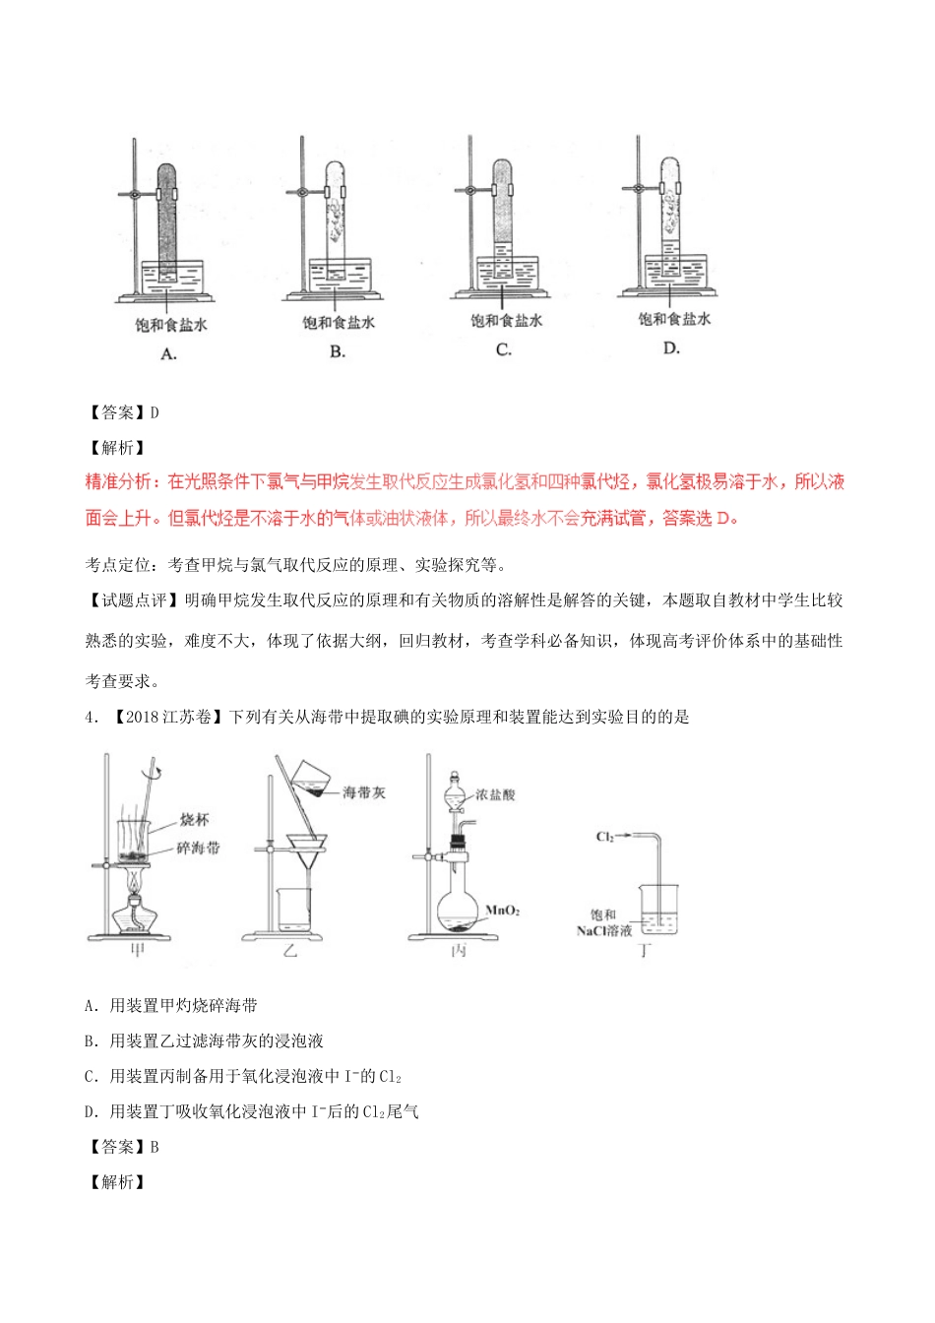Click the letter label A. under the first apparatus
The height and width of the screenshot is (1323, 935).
point(168,353)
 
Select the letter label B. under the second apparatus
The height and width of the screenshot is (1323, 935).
point(337,351)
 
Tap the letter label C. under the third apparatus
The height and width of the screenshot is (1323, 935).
point(504,349)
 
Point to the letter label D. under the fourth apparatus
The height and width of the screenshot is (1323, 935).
point(671,347)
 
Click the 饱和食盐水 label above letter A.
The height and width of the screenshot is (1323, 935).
point(171,324)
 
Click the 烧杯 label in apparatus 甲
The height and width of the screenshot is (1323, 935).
point(194,819)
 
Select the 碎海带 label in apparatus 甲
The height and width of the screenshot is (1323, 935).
point(198,847)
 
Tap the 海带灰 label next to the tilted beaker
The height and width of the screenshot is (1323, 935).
point(364,792)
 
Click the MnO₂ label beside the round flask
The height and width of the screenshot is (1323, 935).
point(502,911)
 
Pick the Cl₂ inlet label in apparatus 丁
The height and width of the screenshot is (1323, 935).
point(605,837)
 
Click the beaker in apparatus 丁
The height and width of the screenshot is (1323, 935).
point(657,908)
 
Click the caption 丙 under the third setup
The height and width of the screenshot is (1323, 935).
point(458,951)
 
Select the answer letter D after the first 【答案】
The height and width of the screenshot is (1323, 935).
point(154,412)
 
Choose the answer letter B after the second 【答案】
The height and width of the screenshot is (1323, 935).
point(154,1147)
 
